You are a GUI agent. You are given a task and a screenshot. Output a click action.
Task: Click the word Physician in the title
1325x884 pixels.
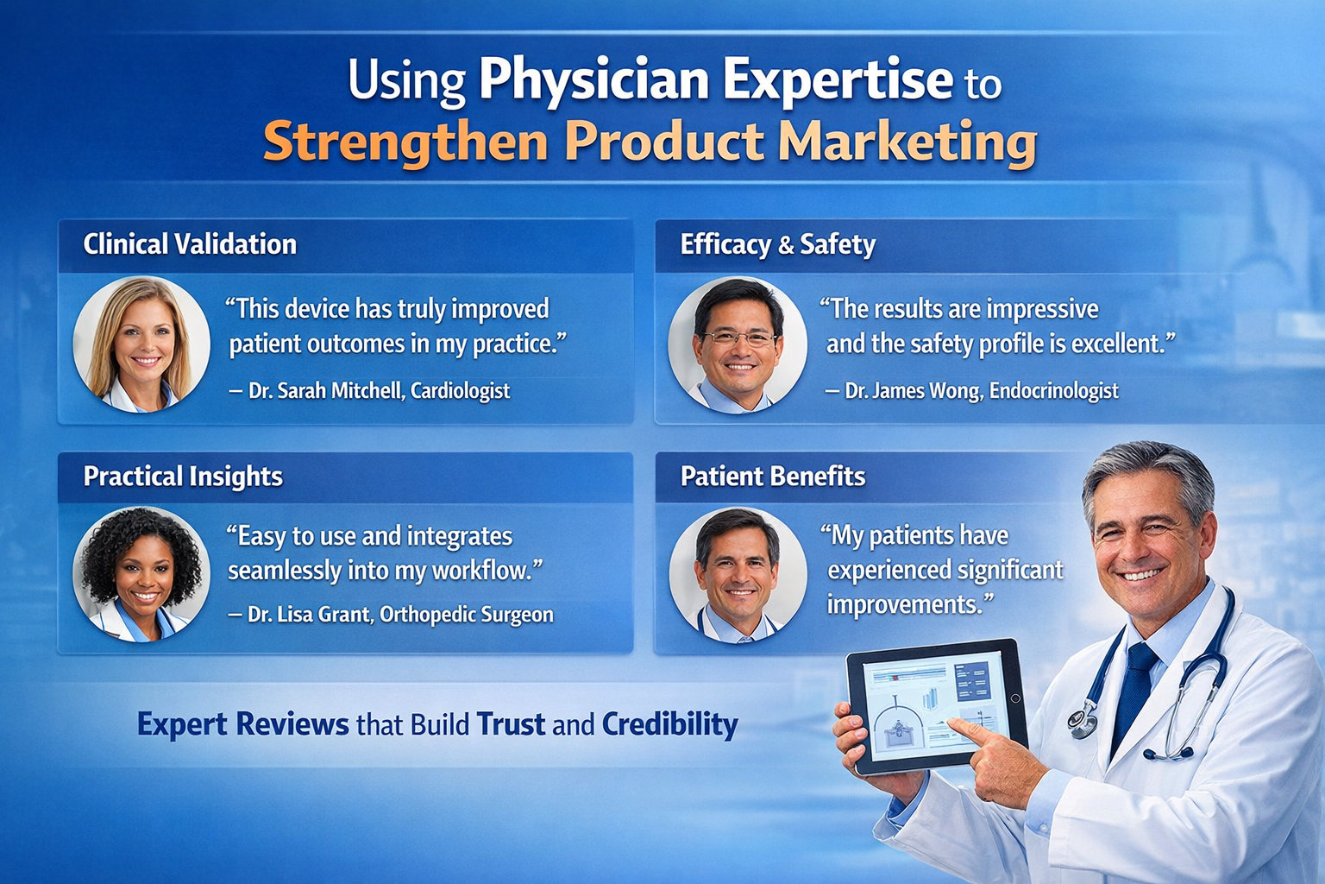coord(593,80)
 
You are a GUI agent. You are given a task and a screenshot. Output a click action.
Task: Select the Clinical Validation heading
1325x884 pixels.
coord(190,244)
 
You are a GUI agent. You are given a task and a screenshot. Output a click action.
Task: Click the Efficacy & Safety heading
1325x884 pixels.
coord(778,244)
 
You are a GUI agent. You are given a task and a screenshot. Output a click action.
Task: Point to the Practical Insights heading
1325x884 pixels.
coord(183,477)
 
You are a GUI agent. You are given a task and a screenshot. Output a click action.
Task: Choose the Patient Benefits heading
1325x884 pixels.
coord(773,476)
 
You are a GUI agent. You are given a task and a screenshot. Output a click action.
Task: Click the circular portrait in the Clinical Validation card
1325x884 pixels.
coord(141,344)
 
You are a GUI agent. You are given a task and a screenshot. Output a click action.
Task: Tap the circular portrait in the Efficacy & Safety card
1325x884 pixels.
coord(738,345)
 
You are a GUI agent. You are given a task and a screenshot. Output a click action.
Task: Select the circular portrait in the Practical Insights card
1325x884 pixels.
coord(141,574)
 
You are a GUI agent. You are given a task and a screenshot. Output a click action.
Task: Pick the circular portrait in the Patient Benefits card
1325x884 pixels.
coord(738,575)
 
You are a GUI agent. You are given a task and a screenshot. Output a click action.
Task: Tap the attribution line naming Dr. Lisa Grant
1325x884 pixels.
coord(391,615)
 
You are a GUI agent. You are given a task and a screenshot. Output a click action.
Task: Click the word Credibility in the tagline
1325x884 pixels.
coord(670,724)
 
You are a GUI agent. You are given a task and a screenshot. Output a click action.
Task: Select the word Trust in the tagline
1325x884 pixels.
coord(511,724)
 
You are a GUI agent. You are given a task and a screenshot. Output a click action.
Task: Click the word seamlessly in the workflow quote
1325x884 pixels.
coord(283,571)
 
